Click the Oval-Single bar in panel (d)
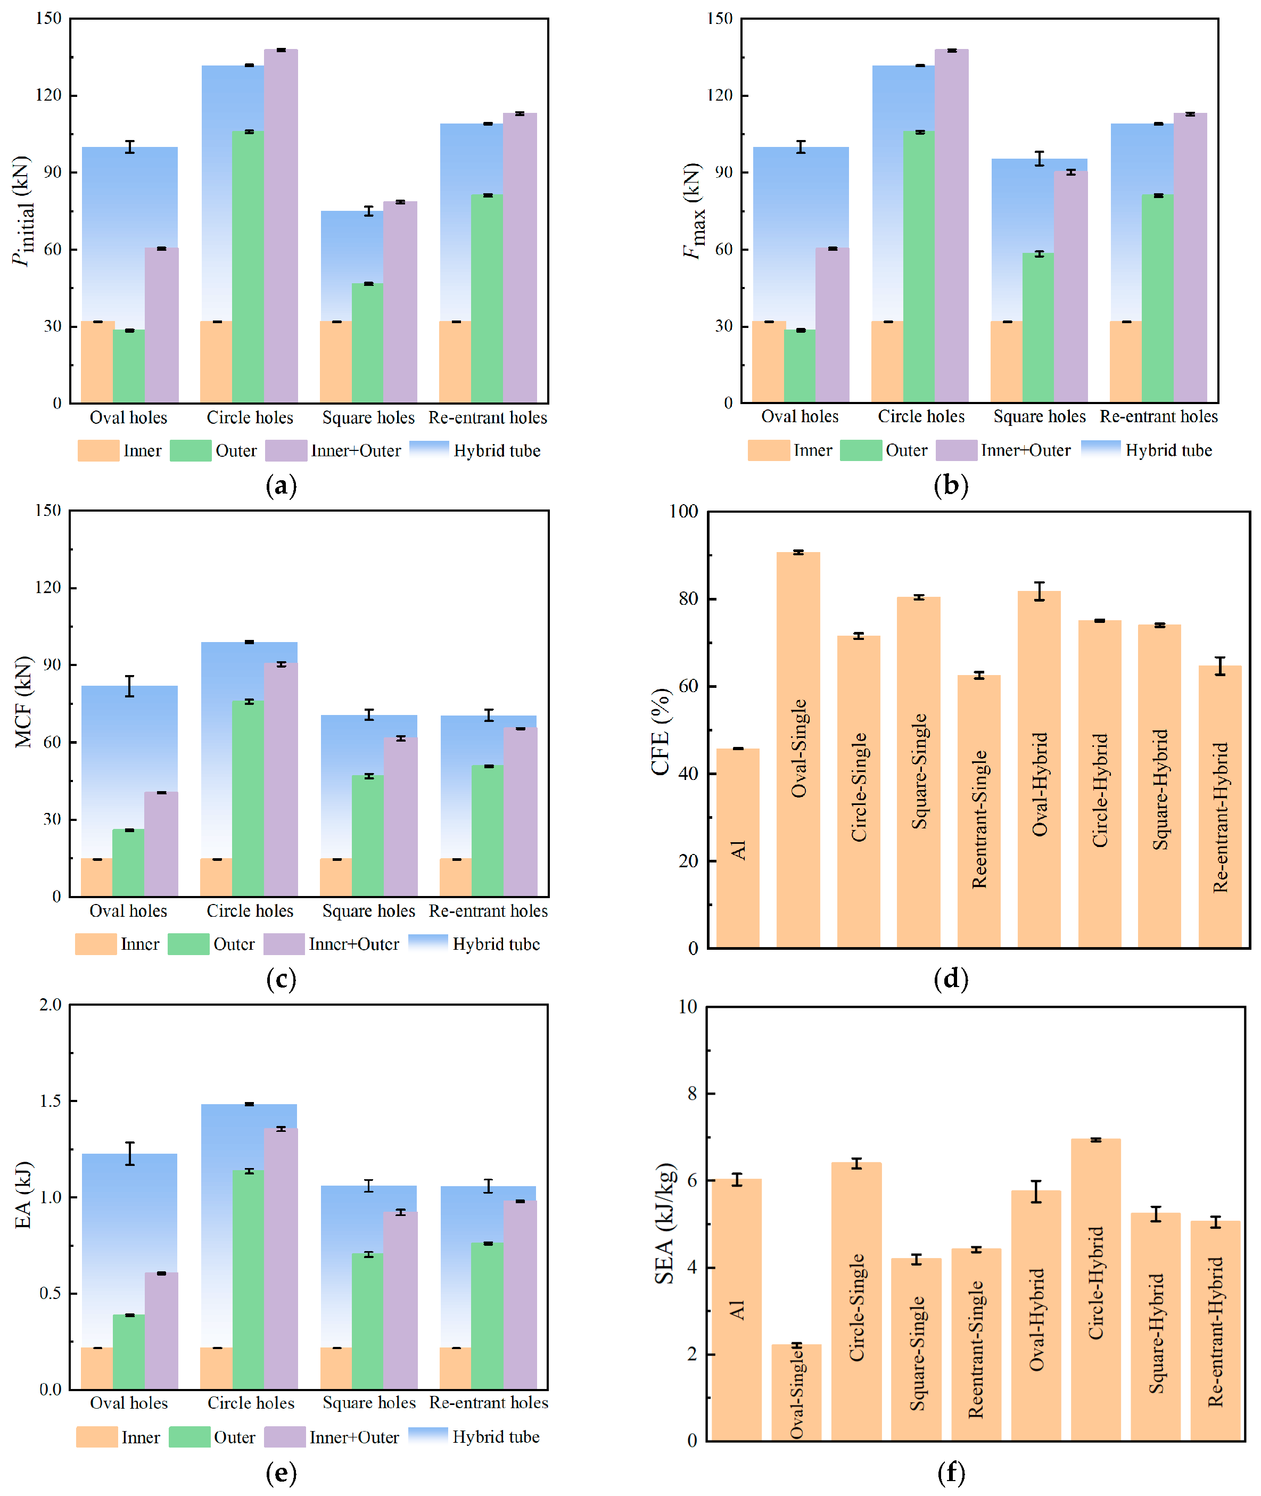tap(798, 750)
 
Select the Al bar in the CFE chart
tap(738, 848)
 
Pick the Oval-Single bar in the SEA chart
tap(796, 1393)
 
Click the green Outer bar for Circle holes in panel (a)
tap(248, 267)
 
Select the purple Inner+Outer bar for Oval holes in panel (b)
tap(832, 325)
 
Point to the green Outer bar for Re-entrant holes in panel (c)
tap(488, 831)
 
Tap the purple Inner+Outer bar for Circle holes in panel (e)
tap(281, 1259)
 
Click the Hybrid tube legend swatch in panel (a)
tap(429, 450)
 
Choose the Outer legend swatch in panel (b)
tap(861, 450)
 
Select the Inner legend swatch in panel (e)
tap(97, 1437)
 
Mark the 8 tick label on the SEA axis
tap(692, 1094)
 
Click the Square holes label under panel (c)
tap(369, 910)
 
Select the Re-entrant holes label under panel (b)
tap(1159, 416)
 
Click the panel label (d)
tap(951, 979)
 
